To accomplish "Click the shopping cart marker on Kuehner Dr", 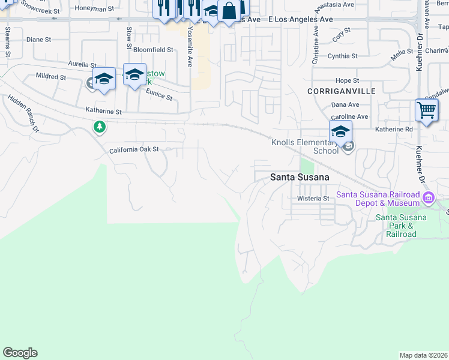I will tap(426, 110).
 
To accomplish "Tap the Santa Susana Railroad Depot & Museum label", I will tap(378, 199).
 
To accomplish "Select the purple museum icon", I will tap(429, 198).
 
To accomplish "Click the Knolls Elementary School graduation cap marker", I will tap(340, 131).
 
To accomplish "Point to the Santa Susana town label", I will tap(300, 177).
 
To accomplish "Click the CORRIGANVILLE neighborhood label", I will tap(341, 91).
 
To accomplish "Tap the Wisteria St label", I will tap(314, 198).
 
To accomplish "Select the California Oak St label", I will tap(133, 149).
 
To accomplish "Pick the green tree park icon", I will tap(99, 127).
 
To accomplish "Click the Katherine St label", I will tap(103, 112).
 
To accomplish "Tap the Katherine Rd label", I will tap(394, 129).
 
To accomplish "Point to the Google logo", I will tap(20, 353).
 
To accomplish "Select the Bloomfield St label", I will tap(153, 50).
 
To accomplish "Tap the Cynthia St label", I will tap(342, 56).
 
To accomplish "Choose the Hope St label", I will tap(347, 80).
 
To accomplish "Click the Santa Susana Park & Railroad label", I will tap(396, 226).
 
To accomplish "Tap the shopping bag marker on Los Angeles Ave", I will tap(229, 11).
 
